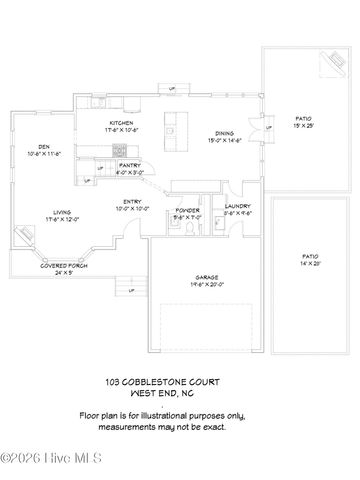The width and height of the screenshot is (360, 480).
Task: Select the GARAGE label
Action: tap(208, 277)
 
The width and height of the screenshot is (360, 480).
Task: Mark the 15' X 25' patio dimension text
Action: tap(302, 125)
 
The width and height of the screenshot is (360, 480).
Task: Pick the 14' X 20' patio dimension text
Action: tap(310, 262)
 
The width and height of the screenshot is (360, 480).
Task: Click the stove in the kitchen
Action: tap(119, 149)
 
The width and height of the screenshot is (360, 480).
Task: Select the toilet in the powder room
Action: tap(187, 227)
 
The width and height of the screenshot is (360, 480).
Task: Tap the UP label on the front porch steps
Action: tap(131, 291)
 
